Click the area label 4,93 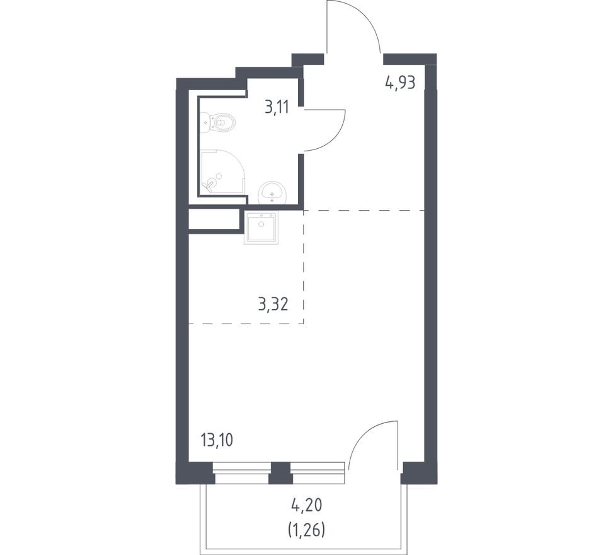pos(399,83)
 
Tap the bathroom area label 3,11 pos(277,107)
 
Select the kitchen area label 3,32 pos(273,304)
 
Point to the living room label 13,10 pos(217,440)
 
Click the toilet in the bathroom pos(218,122)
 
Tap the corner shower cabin pos(222,172)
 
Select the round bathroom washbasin pos(273,192)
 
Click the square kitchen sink pos(261,228)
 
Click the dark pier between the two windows pos(281,473)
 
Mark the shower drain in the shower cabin pos(219,176)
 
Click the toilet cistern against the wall pos(205,122)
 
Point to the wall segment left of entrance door pos(308,59)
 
